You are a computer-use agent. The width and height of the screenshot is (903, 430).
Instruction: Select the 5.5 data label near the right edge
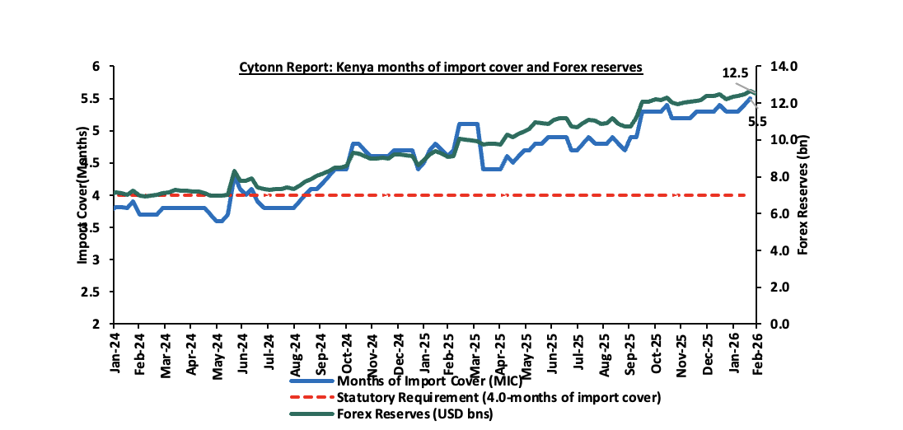pos(757,120)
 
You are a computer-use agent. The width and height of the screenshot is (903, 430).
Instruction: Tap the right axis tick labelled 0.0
pos(782,324)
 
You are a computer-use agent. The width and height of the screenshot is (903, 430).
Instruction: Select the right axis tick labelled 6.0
pos(782,213)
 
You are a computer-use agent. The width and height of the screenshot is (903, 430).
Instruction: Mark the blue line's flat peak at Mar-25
pos(467,124)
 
